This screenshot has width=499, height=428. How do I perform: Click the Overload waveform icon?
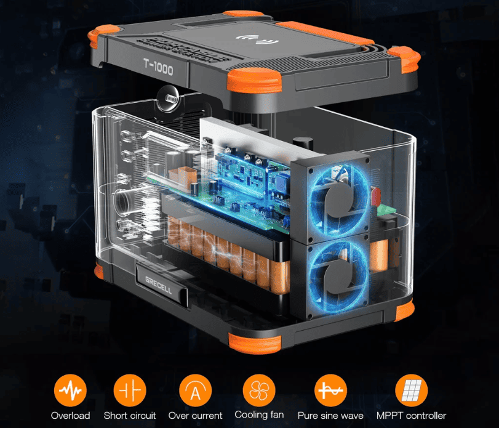coord(70,390)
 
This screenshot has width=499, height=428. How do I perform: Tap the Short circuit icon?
coord(130,390)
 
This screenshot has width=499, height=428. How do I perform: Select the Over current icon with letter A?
coord(196,390)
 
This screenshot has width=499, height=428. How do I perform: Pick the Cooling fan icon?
coord(259,390)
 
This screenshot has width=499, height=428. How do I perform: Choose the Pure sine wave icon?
coord(330,390)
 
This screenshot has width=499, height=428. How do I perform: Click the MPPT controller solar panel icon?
coord(412,390)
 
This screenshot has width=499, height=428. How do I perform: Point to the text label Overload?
coord(70,416)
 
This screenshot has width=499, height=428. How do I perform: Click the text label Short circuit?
coord(130,416)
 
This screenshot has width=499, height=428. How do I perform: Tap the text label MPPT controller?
coord(411,416)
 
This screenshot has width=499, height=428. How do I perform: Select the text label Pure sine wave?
coord(330,416)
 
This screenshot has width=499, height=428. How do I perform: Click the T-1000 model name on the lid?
coord(158,67)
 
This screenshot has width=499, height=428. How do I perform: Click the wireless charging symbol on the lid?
coord(257,39)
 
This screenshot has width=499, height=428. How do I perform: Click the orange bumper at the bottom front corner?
coord(255,343)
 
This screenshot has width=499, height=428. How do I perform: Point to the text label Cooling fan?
coord(259,415)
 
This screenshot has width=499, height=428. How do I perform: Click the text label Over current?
coord(196,416)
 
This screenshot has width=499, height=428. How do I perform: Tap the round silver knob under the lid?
coord(169,98)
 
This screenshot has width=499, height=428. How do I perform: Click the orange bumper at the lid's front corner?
coord(254,80)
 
